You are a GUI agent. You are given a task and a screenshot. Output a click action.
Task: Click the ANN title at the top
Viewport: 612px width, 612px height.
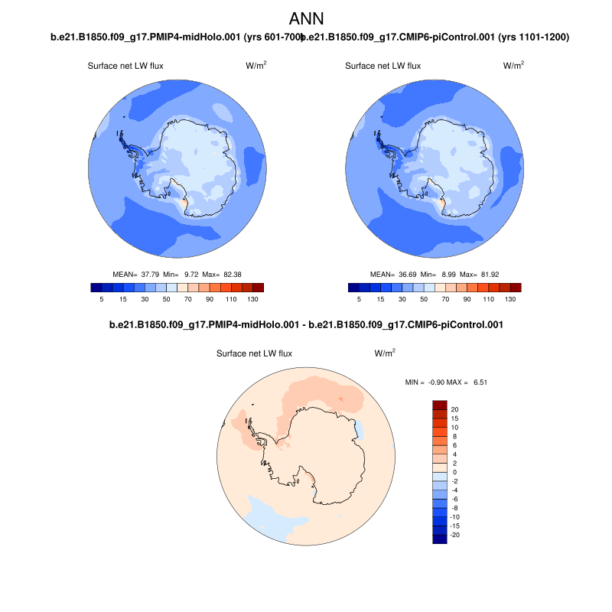305,18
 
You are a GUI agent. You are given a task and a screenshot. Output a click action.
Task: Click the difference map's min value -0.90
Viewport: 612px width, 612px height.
434,381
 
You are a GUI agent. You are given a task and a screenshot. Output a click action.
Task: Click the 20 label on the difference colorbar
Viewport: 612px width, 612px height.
454,409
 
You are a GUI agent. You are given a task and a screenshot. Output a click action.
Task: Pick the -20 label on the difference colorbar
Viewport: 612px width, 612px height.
456,535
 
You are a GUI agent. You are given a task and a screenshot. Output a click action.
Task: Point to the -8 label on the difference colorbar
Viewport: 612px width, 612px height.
455,508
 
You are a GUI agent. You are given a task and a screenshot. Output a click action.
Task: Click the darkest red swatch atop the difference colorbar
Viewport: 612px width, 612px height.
440,405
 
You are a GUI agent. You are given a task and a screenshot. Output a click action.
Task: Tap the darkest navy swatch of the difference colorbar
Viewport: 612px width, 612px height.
440,539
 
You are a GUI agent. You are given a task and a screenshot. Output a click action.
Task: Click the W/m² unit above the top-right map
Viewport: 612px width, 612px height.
513,66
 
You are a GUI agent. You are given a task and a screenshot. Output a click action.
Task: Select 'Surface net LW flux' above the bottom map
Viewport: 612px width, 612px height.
254,353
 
